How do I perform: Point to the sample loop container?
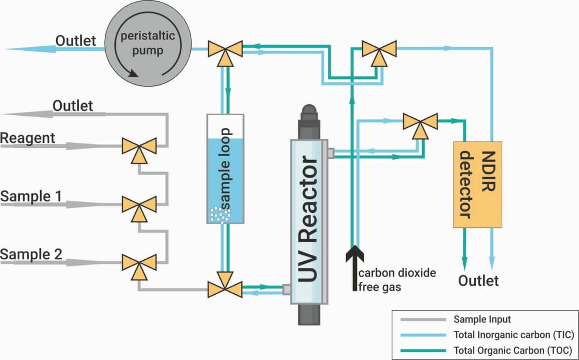[x=225, y=168]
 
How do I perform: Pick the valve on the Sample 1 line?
[x=138, y=205]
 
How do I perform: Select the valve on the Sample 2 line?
[x=138, y=263]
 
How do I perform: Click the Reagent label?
[x=28, y=138]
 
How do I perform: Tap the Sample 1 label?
[x=31, y=196]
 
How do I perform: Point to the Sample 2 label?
[x=31, y=254]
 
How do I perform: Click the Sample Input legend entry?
[x=482, y=319]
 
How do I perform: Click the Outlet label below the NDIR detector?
[x=478, y=281]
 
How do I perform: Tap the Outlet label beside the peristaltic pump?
[x=76, y=41]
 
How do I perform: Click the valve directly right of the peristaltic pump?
[x=225, y=49]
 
